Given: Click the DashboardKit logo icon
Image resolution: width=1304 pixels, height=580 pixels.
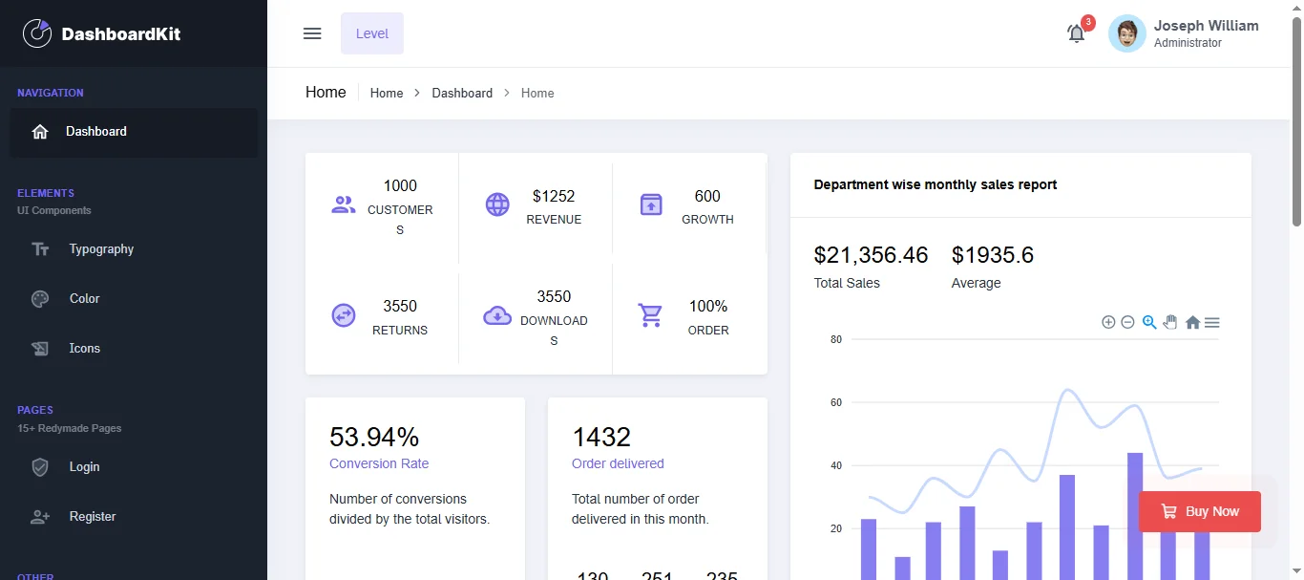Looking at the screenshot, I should click(36, 33).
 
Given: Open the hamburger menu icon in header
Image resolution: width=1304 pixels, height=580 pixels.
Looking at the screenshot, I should click(312, 33).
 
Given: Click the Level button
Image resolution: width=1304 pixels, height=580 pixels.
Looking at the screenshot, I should click(371, 33).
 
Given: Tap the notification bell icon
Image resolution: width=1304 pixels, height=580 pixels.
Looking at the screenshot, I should click(1076, 33).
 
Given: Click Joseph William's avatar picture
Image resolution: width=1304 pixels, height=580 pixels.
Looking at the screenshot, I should click(1126, 33).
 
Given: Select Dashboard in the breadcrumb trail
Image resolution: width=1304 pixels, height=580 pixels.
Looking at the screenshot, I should click(462, 93).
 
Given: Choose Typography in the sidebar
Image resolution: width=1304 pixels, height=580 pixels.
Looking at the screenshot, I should click(101, 249).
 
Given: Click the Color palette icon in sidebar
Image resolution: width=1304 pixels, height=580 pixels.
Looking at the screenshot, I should click(40, 299).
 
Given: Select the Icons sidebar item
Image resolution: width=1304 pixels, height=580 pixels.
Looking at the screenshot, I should click(84, 349).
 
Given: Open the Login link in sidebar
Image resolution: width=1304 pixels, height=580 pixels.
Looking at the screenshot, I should click(84, 467).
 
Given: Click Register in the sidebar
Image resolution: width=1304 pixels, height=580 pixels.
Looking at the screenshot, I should click(93, 517).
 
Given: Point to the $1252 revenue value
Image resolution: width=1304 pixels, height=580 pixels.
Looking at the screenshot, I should click(554, 196).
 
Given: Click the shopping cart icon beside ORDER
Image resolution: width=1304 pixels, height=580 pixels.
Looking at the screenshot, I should click(650, 315).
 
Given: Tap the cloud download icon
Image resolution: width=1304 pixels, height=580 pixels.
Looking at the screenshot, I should click(497, 315).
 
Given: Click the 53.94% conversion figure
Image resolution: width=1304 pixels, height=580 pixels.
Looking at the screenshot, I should click(374, 437).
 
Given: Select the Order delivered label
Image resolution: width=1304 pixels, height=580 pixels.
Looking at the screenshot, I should click(618, 463).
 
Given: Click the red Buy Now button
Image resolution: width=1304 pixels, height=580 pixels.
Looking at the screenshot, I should click(1199, 511).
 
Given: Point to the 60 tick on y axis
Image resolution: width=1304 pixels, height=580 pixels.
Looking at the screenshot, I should click(836, 402).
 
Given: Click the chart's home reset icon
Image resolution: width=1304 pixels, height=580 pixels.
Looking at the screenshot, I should click(1192, 323).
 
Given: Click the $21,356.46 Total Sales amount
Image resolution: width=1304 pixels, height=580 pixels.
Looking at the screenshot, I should click(871, 255).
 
